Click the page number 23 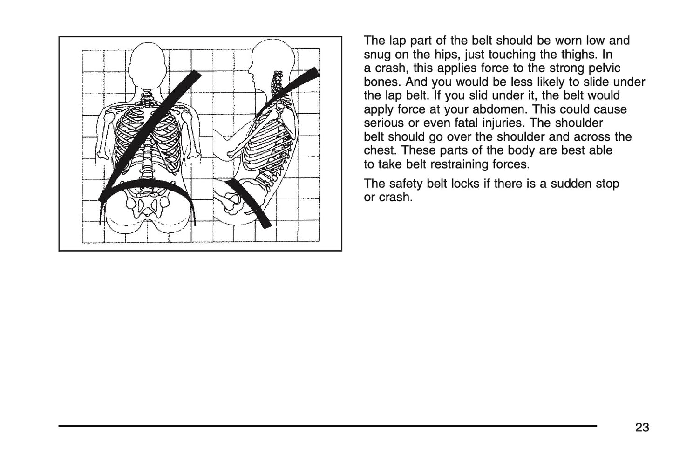[x=642, y=428]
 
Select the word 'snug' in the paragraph [x=376, y=55]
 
